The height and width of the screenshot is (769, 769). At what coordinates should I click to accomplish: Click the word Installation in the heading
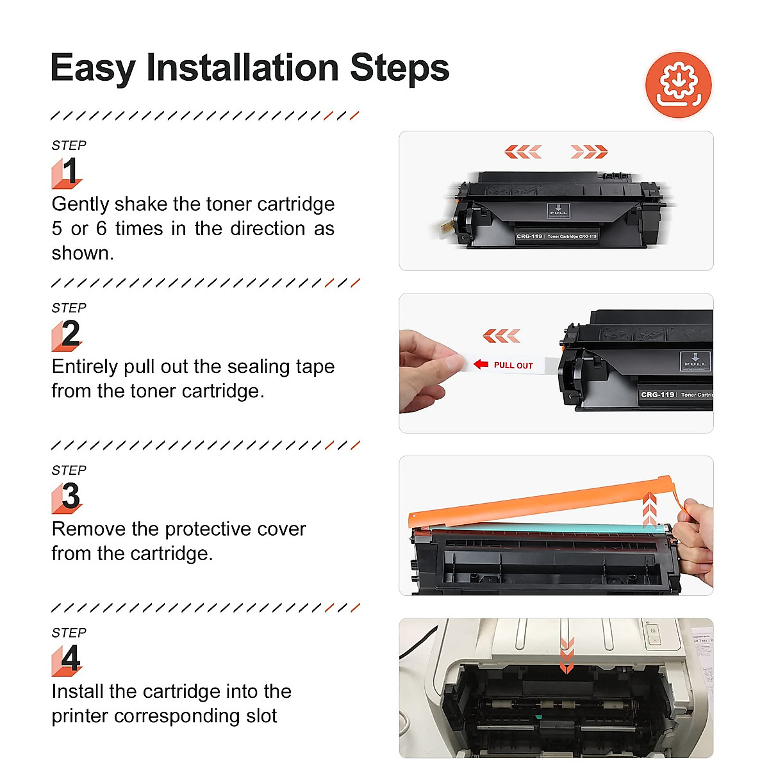[242, 68]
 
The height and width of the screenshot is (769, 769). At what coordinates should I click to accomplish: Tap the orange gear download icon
[678, 85]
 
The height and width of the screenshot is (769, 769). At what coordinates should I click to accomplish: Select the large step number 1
[69, 172]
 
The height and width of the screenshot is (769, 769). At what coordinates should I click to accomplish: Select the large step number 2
[70, 334]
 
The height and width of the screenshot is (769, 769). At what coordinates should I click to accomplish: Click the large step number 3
[70, 497]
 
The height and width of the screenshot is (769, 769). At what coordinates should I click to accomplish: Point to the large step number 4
[70, 659]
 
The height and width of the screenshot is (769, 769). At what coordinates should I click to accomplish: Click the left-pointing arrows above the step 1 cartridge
[523, 152]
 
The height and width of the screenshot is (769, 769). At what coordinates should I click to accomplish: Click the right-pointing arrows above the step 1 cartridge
[589, 152]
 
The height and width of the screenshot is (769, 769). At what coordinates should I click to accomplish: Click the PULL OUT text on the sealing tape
[513, 365]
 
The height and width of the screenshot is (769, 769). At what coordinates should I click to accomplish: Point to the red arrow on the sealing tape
[481, 365]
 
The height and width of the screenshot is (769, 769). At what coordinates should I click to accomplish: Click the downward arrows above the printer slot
[566, 655]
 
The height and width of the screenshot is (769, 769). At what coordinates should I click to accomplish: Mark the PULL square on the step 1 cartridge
[558, 211]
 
